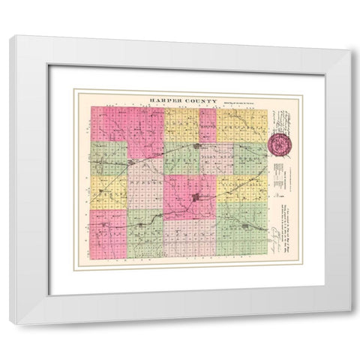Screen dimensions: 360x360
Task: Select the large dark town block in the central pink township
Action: [x=196, y=198]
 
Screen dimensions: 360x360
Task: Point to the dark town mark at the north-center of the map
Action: [x=196, y=145]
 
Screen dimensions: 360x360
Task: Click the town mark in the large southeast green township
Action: [x=245, y=225]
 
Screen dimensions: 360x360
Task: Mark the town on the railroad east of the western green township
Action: [x=131, y=161]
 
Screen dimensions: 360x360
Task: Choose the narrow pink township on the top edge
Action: [x=208, y=124]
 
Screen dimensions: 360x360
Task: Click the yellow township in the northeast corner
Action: [x=241, y=124]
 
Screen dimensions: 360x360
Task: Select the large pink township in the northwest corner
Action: [x=126, y=124]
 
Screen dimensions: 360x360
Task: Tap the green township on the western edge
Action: [x=108, y=157]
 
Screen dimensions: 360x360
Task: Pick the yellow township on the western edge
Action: [x=108, y=192]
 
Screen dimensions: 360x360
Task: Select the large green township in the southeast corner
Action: [x=241, y=229]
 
